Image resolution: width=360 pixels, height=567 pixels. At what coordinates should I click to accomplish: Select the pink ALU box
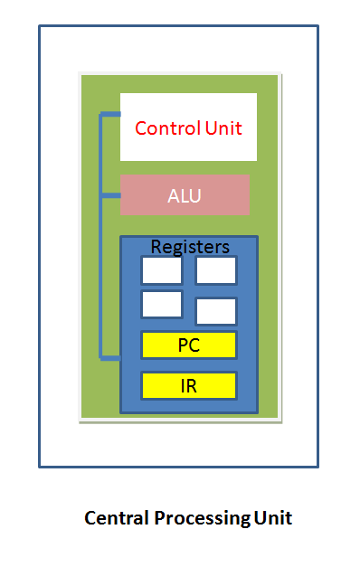tap(185, 195)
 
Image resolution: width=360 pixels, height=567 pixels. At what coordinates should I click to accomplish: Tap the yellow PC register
tap(188, 345)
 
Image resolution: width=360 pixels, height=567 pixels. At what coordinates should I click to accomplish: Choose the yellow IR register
tap(188, 385)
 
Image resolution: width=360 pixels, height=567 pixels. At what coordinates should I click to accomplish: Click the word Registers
tap(189, 247)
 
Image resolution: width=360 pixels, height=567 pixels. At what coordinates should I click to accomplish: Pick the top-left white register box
tap(161, 270)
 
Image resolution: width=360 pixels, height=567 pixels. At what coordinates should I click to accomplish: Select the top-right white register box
tap(216, 270)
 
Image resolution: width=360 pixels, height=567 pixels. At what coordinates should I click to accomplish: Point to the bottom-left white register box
tap(161, 304)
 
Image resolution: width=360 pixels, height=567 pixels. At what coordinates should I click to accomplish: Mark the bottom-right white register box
tap(216, 311)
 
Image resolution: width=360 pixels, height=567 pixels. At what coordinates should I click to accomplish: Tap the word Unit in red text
tap(223, 128)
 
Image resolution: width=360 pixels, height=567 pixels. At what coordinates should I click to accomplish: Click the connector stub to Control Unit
tap(110, 114)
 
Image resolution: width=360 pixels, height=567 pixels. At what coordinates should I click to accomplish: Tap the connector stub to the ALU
tap(111, 194)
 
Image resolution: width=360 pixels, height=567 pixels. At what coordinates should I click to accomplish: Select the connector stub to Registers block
tap(110, 358)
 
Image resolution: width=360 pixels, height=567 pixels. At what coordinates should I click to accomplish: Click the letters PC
tap(188, 345)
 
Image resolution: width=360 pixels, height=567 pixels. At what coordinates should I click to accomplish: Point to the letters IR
tap(188, 385)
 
